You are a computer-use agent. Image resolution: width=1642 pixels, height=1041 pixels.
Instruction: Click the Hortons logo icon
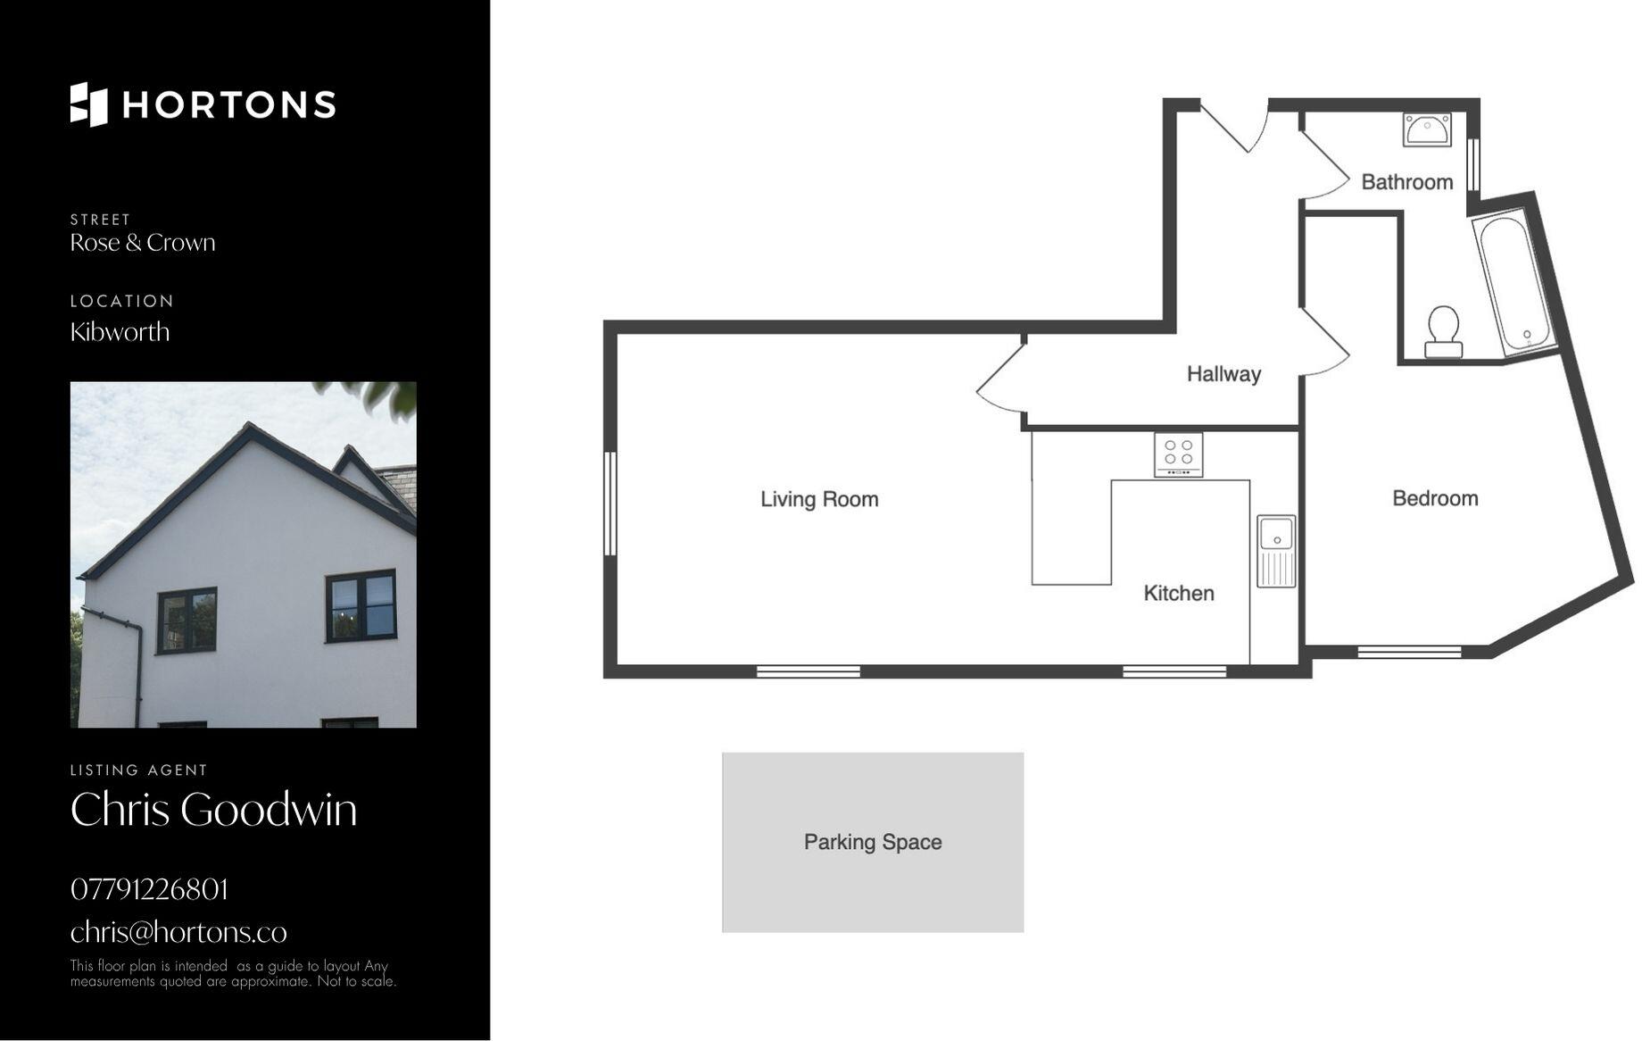click(88, 104)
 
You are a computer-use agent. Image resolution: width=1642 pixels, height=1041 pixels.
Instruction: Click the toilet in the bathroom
click(1442, 331)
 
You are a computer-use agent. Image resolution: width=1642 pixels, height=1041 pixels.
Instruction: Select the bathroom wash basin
click(1426, 129)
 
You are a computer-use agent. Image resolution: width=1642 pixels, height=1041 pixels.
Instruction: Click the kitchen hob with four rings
click(1178, 454)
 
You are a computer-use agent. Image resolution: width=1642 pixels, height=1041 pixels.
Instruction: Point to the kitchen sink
click(1276, 550)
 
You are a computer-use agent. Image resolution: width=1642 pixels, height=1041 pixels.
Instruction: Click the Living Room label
click(819, 499)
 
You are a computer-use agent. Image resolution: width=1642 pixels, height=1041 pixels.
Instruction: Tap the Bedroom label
click(1435, 498)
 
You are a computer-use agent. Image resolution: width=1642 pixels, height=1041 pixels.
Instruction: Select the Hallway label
click(1223, 374)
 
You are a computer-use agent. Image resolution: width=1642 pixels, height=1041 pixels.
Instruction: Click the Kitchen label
click(1179, 593)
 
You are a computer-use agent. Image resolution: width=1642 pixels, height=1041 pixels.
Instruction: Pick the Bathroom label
click(1406, 182)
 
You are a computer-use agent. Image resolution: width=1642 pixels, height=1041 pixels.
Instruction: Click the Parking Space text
click(873, 842)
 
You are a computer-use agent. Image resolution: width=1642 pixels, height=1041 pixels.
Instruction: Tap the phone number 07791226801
click(149, 889)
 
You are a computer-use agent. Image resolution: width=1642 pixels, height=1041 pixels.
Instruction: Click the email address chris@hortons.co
click(178, 932)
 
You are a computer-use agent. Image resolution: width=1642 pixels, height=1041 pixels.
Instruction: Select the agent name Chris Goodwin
click(213, 810)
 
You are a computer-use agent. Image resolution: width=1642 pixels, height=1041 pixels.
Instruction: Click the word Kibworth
click(120, 332)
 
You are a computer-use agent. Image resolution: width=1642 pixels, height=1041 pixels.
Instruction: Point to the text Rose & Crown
click(143, 243)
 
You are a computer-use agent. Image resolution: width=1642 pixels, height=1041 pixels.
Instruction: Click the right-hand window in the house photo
click(361, 605)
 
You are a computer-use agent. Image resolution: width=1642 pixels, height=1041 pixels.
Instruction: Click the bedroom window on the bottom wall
click(1409, 652)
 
